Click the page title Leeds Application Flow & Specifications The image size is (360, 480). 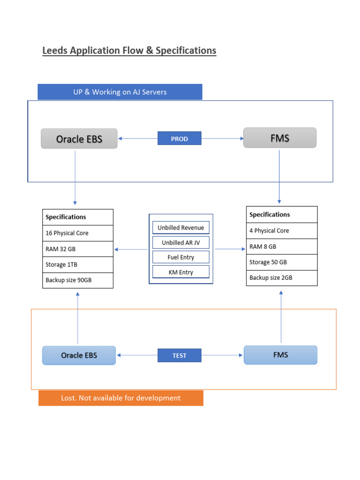click(129, 51)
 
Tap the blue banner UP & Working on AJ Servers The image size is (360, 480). click(120, 92)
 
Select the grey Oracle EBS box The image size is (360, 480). click(79, 139)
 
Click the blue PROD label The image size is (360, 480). click(180, 139)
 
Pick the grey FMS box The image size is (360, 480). click(280, 138)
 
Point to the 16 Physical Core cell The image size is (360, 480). click(78, 233)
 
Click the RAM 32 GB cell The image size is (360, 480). click(78, 249)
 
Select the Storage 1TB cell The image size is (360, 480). click(78, 265)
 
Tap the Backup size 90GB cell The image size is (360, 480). click(78, 280)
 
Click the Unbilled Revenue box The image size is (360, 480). click(181, 228)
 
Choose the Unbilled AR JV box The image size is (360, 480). click(181, 243)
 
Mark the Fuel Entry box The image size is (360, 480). click(181, 257)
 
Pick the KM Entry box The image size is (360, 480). click(181, 272)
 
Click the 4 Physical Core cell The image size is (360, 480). click(282, 231)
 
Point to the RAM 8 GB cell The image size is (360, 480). click(282, 247)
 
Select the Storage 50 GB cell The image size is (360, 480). click(282, 262)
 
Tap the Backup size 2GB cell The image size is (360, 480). click(282, 278)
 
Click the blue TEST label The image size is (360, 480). click(180, 356)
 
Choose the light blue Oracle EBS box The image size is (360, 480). click(79, 355)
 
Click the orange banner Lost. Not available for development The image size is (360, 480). click(121, 398)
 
